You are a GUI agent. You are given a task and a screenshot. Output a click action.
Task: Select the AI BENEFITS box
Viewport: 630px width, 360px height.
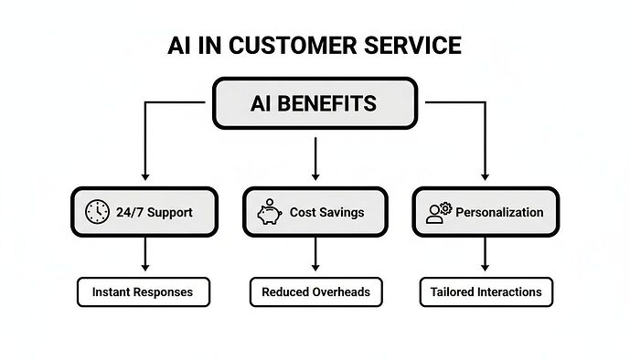click(x=315, y=103)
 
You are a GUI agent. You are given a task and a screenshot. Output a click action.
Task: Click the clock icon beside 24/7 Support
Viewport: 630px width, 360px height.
click(x=96, y=212)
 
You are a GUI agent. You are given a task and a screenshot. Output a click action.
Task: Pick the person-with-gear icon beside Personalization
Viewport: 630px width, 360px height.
click(x=439, y=212)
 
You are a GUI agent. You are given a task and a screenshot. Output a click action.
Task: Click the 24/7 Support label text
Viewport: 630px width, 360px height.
click(x=155, y=212)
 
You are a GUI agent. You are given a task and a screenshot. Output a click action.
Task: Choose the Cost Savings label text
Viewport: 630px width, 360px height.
click(x=326, y=212)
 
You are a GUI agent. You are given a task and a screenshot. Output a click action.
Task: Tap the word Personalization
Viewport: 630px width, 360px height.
click(x=499, y=212)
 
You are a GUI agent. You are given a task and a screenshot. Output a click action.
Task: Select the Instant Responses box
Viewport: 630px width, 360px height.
click(x=144, y=292)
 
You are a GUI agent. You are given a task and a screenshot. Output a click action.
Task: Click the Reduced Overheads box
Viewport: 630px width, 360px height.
click(x=315, y=292)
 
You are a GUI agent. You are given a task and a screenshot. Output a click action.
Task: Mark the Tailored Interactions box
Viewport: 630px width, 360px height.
click(x=486, y=292)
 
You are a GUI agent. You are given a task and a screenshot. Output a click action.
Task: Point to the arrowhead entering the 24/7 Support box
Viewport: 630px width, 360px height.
click(x=144, y=175)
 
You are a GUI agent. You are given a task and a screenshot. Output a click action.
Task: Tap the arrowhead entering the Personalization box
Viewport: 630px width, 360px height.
click(x=486, y=175)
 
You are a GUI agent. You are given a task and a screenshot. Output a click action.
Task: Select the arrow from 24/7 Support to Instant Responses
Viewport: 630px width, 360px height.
click(x=144, y=256)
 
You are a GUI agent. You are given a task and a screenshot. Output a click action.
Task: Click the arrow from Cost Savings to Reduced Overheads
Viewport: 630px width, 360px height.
click(x=315, y=256)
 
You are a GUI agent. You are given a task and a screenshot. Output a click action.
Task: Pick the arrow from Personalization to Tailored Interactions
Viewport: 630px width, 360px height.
click(x=486, y=256)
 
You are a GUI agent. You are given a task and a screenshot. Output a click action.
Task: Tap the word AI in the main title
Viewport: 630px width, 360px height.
click(x=179, y=45)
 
